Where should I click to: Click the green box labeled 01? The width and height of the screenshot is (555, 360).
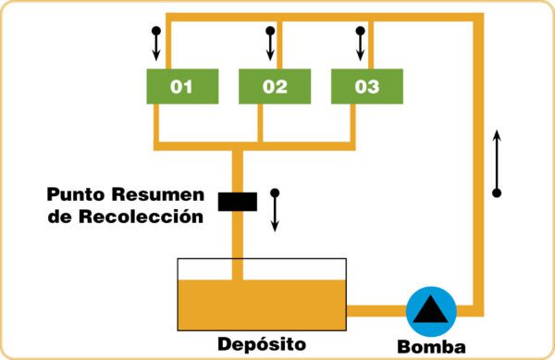click(182, 86)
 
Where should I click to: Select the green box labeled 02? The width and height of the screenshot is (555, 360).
click(275, 86)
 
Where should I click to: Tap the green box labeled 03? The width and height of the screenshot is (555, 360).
click(367, 86)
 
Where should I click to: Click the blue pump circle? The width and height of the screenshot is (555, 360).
click(431, 312)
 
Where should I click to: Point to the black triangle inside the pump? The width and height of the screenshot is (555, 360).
click(431, 310)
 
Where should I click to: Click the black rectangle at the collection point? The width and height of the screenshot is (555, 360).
click(238, 202)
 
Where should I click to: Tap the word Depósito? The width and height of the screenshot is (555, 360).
click(262, 344)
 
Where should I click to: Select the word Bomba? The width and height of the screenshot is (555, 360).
click(431, 347)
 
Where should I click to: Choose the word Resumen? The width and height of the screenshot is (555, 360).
click(158, 194)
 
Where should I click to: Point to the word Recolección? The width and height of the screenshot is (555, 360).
click(142, 216)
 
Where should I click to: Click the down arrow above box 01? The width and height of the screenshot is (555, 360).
click(156, 43)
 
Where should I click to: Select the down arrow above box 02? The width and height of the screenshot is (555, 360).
click(270, 43)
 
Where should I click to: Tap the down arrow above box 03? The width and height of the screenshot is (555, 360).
click(361, 43)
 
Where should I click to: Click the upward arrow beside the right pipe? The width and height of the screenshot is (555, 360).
click(497, 164)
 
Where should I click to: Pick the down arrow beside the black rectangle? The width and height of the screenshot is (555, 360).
click(275, 210)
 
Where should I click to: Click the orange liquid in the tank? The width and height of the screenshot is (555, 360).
click(262, 305)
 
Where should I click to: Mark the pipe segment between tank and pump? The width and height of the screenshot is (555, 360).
click(376, 311)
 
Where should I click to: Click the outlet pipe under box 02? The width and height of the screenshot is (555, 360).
click(260, 123)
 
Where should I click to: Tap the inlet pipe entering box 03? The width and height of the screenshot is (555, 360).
click(371, 45)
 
